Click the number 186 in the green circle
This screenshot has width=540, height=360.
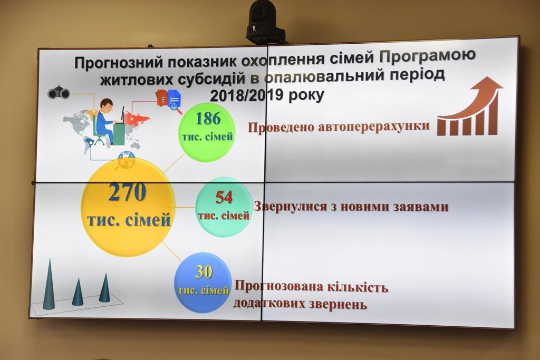coord(208,119)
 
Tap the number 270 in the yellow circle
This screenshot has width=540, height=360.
coord(128,192)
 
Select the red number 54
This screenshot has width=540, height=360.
coord(224,197)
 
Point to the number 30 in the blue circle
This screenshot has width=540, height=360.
coord(204,272)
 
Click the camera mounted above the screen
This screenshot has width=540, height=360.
coord(264,23)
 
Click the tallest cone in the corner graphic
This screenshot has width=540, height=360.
coord(49,284)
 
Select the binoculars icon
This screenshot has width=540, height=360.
coord(59,93)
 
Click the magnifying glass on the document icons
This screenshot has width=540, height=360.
coord(176,107)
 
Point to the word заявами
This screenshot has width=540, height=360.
coord(420,207)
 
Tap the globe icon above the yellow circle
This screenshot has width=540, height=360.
coord(127,159)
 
